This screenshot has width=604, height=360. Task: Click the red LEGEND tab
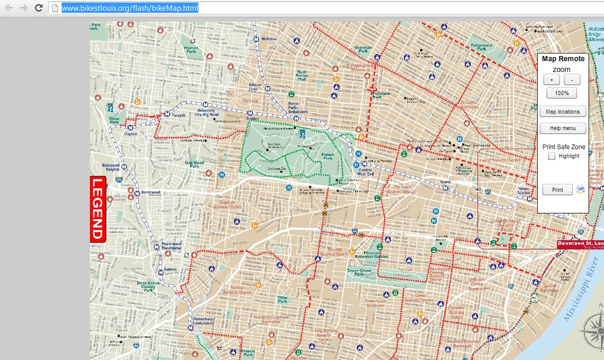[98, 209]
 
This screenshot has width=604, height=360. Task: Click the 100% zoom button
[561, 93]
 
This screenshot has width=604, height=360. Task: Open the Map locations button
[562, 112]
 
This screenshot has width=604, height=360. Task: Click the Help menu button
[562, 128]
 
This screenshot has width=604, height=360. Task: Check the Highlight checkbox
[552, 156]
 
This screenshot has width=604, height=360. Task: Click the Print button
[557, 190]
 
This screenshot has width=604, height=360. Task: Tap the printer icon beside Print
[580, 189]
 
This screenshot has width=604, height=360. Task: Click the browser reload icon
[38, 8]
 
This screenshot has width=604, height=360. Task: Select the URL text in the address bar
[130, 8]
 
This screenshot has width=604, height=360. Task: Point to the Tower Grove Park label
[359, 271]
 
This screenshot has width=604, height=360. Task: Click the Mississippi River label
[582, 293]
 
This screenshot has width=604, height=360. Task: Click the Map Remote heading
[563, 59]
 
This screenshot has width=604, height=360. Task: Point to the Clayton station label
[131, 134]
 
